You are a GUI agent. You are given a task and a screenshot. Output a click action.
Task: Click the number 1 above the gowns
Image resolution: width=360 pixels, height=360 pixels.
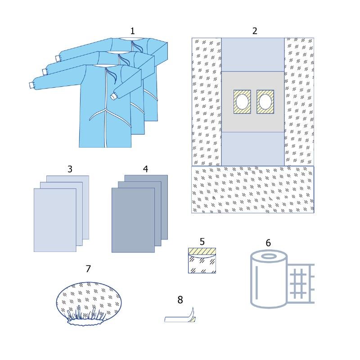132,31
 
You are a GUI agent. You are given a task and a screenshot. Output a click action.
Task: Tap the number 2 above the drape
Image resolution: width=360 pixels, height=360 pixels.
255,31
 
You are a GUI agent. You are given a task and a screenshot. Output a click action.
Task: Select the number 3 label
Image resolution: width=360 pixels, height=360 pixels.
70,169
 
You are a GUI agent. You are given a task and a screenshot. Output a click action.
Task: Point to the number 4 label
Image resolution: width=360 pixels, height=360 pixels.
145,169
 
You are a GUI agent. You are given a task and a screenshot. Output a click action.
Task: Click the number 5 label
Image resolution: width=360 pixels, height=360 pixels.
202,242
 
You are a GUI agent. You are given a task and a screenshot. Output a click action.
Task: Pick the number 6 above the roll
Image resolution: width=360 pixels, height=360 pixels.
268,243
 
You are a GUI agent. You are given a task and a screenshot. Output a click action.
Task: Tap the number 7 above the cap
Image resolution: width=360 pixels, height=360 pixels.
88,269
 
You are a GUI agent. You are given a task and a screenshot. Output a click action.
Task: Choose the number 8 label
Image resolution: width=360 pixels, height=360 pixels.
180,300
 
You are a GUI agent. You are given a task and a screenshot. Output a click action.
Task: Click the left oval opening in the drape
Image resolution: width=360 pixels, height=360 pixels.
242,102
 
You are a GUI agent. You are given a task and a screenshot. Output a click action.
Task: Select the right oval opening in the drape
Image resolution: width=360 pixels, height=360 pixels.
265,102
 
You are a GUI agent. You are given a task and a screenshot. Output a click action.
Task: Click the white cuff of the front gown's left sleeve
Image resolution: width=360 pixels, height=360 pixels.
31,85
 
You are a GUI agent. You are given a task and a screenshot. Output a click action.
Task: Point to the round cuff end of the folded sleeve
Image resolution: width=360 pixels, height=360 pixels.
113,96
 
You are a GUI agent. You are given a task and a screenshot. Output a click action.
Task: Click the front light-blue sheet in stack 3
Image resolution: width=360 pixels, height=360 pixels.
55,220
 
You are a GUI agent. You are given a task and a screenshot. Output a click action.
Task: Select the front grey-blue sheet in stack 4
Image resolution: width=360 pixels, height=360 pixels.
133,220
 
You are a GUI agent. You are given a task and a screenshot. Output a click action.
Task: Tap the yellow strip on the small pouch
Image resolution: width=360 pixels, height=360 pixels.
202,251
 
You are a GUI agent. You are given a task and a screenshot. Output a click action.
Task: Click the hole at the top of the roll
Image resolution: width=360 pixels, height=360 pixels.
269,256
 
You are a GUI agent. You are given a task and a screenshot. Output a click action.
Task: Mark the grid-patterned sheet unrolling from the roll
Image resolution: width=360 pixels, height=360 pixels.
301,283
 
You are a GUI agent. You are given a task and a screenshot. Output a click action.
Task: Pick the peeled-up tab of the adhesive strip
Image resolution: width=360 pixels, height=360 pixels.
192,313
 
